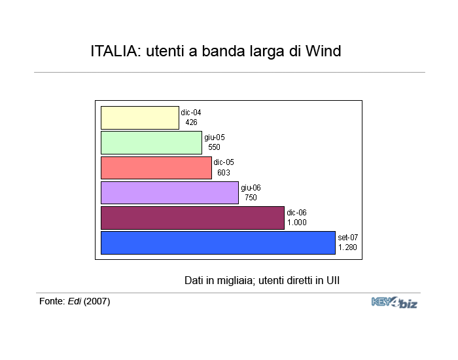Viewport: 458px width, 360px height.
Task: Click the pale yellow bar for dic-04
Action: coord(140,118)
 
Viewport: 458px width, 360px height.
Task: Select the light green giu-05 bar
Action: coord(151,143)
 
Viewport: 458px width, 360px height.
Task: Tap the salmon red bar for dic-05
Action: coord(156,168)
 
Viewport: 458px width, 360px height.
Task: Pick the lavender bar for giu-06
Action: coord(169,192)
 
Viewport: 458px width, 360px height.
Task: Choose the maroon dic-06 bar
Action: coord(192,218)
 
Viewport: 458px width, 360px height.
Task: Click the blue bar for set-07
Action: coord(218,243)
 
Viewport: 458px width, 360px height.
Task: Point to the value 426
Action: coord(191,122)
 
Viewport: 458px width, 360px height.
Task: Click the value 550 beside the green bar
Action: coord(214,147)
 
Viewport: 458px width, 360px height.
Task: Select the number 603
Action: coord(224,172)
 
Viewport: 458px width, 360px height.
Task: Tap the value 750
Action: coord(251,198)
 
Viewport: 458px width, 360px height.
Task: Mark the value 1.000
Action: coord(297,223)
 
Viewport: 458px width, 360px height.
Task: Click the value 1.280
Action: coord(347,247)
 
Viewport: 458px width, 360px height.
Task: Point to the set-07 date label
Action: coord(348,237)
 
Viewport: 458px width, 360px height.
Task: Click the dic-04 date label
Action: coord(191,112)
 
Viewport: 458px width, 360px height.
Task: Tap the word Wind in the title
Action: coord(323,51)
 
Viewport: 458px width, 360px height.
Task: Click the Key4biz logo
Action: coord(395,302)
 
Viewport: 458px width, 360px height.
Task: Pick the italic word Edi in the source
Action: coord(75,301)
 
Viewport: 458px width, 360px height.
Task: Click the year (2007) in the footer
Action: coord(97,301)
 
